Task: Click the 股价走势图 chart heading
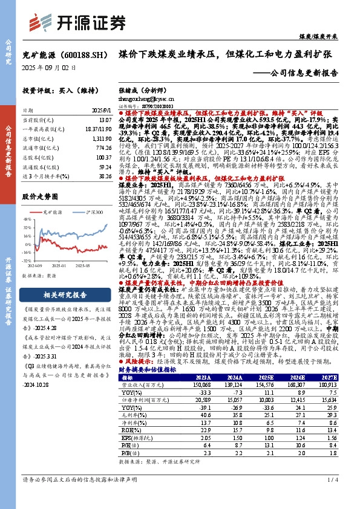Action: pos(42,196)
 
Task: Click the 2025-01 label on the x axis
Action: pos(65,265)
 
